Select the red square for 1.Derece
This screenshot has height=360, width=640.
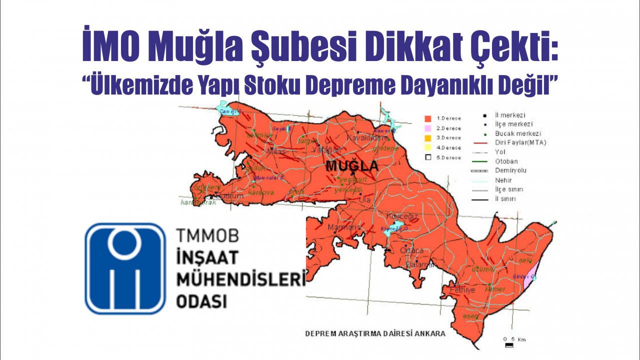click(428, 118)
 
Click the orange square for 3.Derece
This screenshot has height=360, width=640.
click(428, 137)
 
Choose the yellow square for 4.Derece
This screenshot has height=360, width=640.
click(428, 147)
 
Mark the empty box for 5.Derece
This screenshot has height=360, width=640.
click(428, 157)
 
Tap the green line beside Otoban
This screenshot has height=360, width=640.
click(478, 161)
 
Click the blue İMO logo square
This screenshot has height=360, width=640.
click(125, 268)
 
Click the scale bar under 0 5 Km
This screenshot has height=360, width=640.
click(509, 345)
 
